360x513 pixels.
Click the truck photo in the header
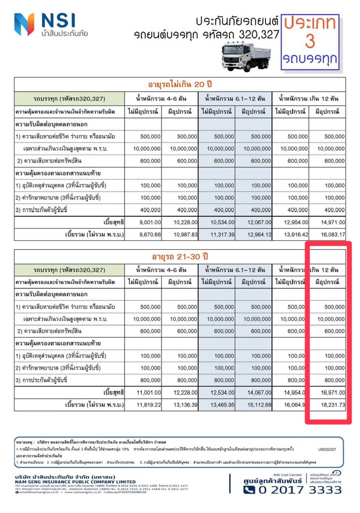tap(245, 56)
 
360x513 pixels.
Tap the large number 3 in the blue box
tap(310, 41)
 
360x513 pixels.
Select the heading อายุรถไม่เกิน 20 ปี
tap(180, 84)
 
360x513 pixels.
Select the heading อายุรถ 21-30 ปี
tap(180, 257)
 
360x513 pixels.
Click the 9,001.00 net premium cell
tap(150, 222)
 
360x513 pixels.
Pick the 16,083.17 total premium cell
tap(332, 234)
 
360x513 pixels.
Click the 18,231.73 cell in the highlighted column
tap(332, 405)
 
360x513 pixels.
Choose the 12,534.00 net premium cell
tap(222, 392)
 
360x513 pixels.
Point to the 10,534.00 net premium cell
tap(222, 222)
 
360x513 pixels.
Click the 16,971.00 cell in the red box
tap(332, 392)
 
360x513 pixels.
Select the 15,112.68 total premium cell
tap(259, 405)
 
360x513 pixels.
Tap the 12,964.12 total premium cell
tap(259, 234)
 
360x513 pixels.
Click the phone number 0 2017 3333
tap(300, 490)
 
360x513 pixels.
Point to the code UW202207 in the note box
tap(327, 449)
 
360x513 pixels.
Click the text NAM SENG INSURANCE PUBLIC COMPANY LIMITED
tap(75, 482)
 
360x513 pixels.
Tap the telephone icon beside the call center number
tap(249, 490)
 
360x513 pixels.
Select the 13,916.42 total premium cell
tap(296, 234)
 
